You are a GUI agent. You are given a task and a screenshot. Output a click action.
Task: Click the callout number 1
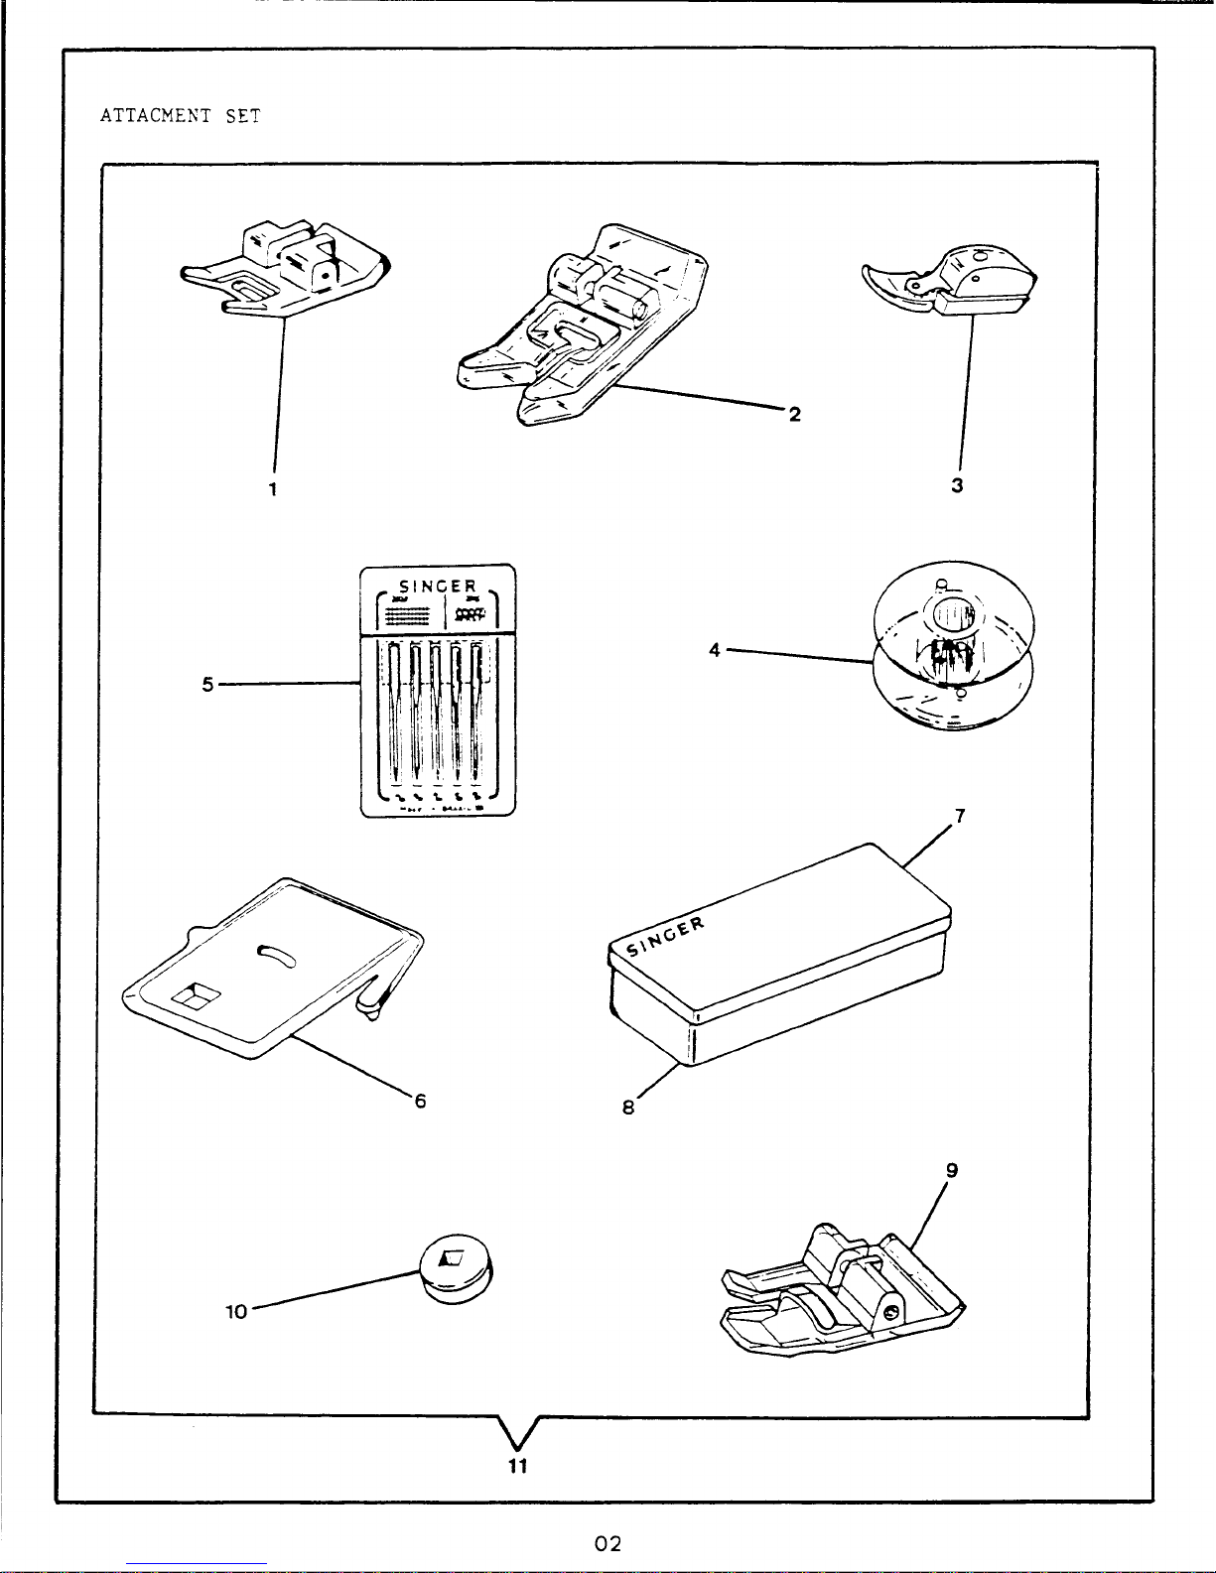(x=273, y=488)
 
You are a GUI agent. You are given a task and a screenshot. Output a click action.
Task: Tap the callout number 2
(x=794, y=414)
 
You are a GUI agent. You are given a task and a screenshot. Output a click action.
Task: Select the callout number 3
(x=957, y=486)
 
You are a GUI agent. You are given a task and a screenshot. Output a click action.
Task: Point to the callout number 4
(x=715, y=651)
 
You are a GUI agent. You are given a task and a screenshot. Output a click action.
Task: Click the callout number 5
(x=208, y=684)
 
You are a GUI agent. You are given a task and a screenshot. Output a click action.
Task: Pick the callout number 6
(x=421, y=1102)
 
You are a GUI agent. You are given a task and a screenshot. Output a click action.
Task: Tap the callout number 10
(x=236, y=1311)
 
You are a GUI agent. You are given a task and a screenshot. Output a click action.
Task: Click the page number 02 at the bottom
(x=608, y=1544)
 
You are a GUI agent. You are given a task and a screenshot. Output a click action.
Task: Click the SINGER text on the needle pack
(x=437, y=585)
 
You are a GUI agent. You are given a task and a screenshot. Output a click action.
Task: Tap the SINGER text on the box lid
(x=666, y=934)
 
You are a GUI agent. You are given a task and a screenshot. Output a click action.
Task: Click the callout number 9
(x=952, y=1171)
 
